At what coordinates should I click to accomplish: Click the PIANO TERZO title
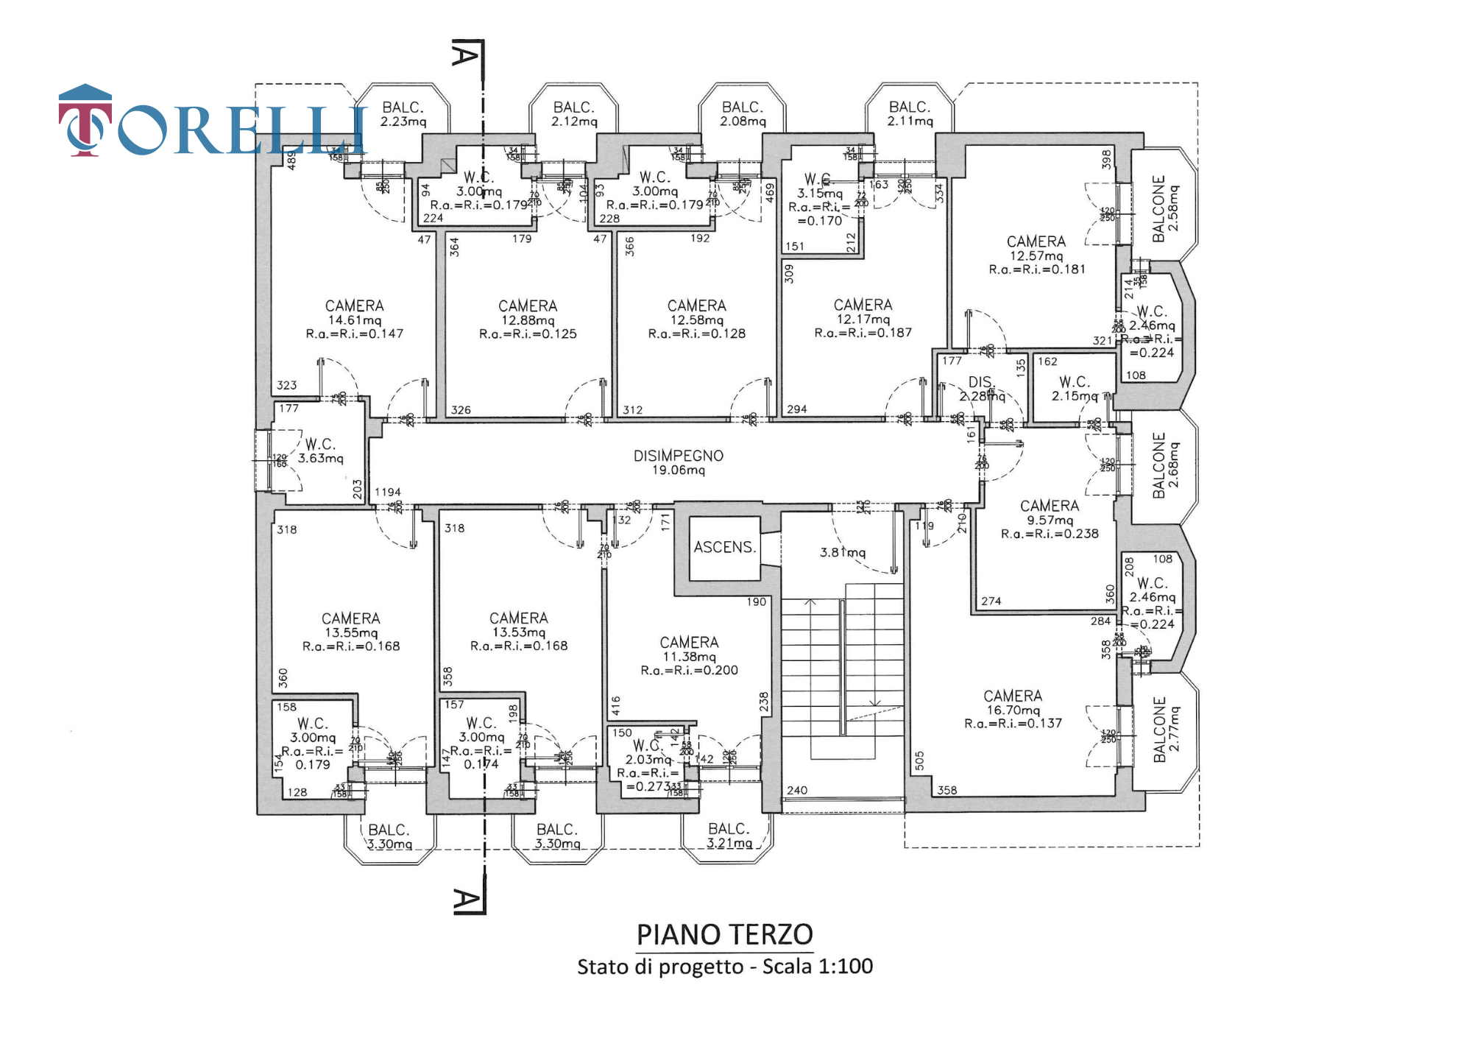pyautogui.click(x=724, y=935)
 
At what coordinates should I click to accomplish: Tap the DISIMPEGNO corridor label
pyautogui.click(x=678, y=462)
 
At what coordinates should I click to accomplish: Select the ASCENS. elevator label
pyautogui.click(x=724, y=547)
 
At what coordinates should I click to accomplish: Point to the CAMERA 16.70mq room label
pyautogui.click(x=1013, y=703)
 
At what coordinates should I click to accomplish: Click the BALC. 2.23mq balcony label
pyautogui.click(x=403, y=114)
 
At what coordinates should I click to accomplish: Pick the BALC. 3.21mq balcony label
pyautogui.click(x=729, y=836)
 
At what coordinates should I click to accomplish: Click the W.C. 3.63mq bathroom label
pyautogui.click(x=320, y=451)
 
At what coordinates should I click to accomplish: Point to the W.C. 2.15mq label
pyautogui.click(x=1075, y=389)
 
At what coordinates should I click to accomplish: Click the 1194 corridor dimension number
pyautogui.click(x=388, y=492)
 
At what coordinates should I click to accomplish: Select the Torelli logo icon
pyautogui.click(x=85, y=120)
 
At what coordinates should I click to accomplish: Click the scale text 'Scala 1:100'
pyautogui.click(x=817, y=967)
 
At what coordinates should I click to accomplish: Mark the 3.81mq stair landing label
pyautogui.click(x=843, y=552)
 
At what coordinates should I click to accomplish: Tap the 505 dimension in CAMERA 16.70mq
pyautogui.click(x=919, y=761)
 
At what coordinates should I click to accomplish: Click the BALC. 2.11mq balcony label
pyautogui.click(x=910, y=114)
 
